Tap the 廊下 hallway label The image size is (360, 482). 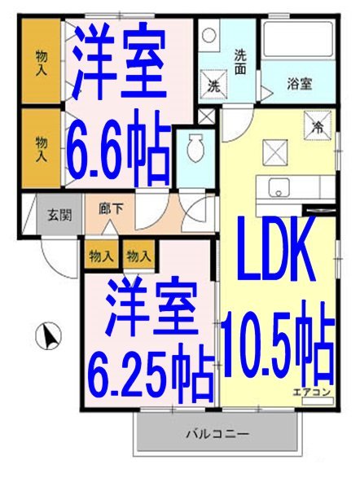111,208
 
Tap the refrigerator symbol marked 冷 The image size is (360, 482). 319,125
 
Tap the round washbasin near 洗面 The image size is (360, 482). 209,37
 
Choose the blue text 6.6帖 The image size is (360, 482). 121,148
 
